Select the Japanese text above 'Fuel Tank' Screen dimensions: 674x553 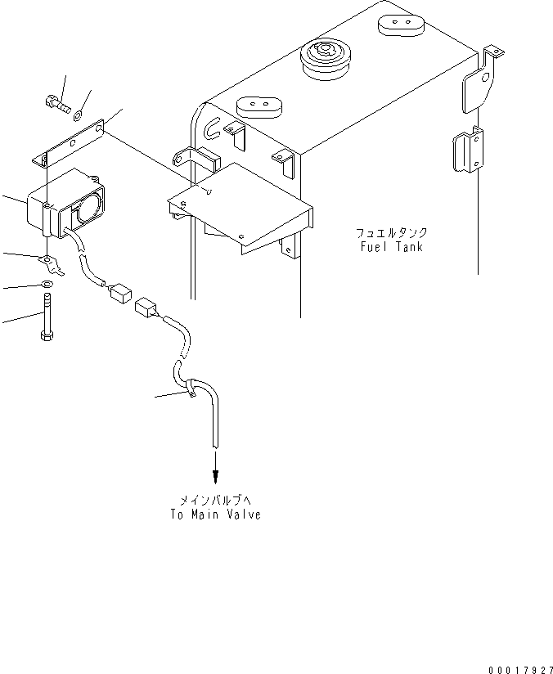pos(391,232)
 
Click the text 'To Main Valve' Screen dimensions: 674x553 pos(215,515)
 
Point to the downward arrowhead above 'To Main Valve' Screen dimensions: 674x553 pos(215,478)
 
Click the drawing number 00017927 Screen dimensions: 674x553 pos(519,669)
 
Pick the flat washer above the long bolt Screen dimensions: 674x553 pos(47,285)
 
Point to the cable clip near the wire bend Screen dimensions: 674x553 pos(187,388)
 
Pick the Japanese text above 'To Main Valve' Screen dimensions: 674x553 pos(215,500)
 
